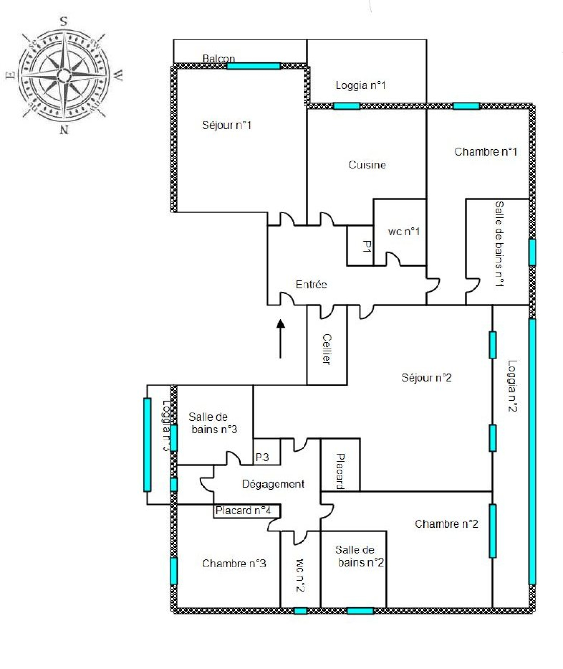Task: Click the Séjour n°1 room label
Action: coord(227,125)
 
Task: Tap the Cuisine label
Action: coord(367,165)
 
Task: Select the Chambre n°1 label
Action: coord(486,151)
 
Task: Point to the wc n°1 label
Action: coord(404,231)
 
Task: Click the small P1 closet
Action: coord(360,246)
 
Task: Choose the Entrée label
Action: coord(311,284)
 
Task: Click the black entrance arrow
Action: coord(280,339)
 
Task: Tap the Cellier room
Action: coord(327,345)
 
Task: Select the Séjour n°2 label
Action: coord(426,378)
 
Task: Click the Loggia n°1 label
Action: coord(361,85)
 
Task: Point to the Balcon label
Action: coord(219,58)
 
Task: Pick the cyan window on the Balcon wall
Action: coord(253,66)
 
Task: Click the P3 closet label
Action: coord(262,457)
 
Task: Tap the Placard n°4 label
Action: coord(243,510)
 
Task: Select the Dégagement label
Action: coord(273,484)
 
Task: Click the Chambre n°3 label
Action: coord(234,563)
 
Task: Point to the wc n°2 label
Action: coord(300,575)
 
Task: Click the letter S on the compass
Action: coord(64,21)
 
